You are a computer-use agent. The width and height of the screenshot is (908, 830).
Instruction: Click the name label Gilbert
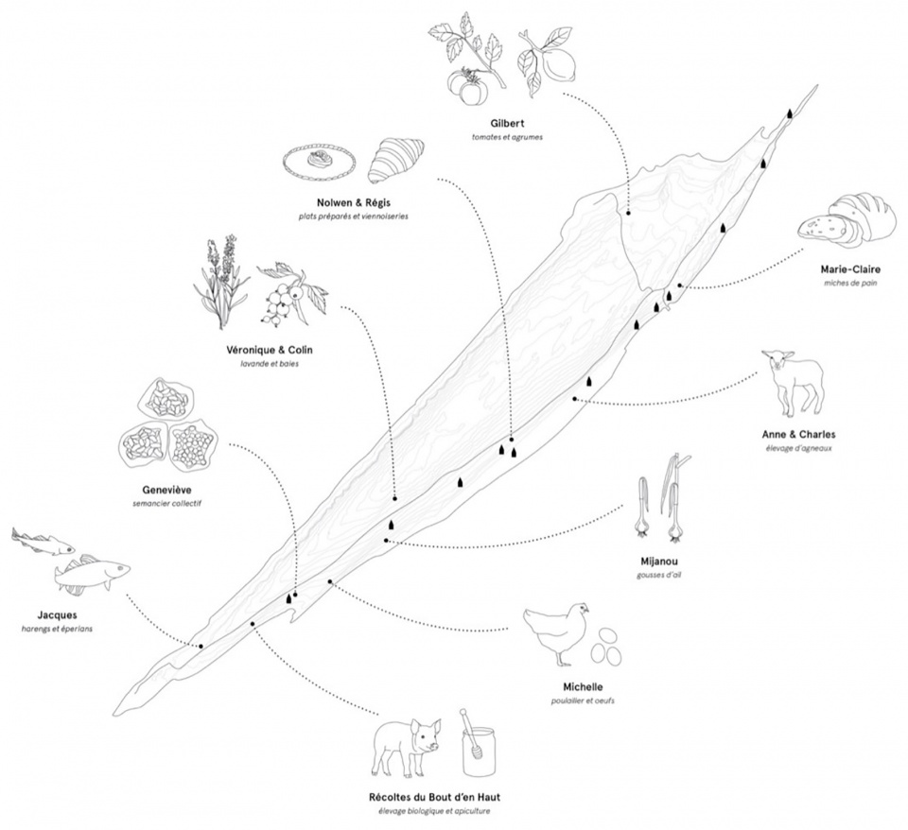pos(507,123)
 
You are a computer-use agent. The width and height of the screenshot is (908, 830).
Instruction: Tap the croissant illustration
pos(396,159)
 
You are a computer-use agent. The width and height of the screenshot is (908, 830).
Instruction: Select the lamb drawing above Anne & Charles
pos(793,382)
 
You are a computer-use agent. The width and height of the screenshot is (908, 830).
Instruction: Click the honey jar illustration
pos(479,743)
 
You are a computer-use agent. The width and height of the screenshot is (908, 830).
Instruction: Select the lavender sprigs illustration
pos(221,282)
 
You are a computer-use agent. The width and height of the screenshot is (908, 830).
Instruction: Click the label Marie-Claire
pos(850,269)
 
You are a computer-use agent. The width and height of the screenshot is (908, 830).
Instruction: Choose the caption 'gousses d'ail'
pos(659,576)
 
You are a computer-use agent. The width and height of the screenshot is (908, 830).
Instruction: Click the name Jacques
pos(57,615)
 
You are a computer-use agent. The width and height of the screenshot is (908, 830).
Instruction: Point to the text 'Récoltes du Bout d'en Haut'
pos(434,797)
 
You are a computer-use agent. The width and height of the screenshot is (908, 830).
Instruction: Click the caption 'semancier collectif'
pos(166,504)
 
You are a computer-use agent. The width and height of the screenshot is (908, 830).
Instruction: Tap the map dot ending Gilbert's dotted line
pos(628,213)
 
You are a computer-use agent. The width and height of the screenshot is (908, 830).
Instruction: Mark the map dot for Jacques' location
pos(201,646)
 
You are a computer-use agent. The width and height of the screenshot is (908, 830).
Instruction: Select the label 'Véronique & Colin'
pos(269,350)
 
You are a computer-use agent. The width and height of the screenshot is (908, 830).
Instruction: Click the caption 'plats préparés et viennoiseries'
pos(353,216)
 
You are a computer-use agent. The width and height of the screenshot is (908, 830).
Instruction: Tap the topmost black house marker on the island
pos(790,113)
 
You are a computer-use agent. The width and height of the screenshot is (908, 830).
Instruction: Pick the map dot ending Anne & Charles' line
pos(574,399)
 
